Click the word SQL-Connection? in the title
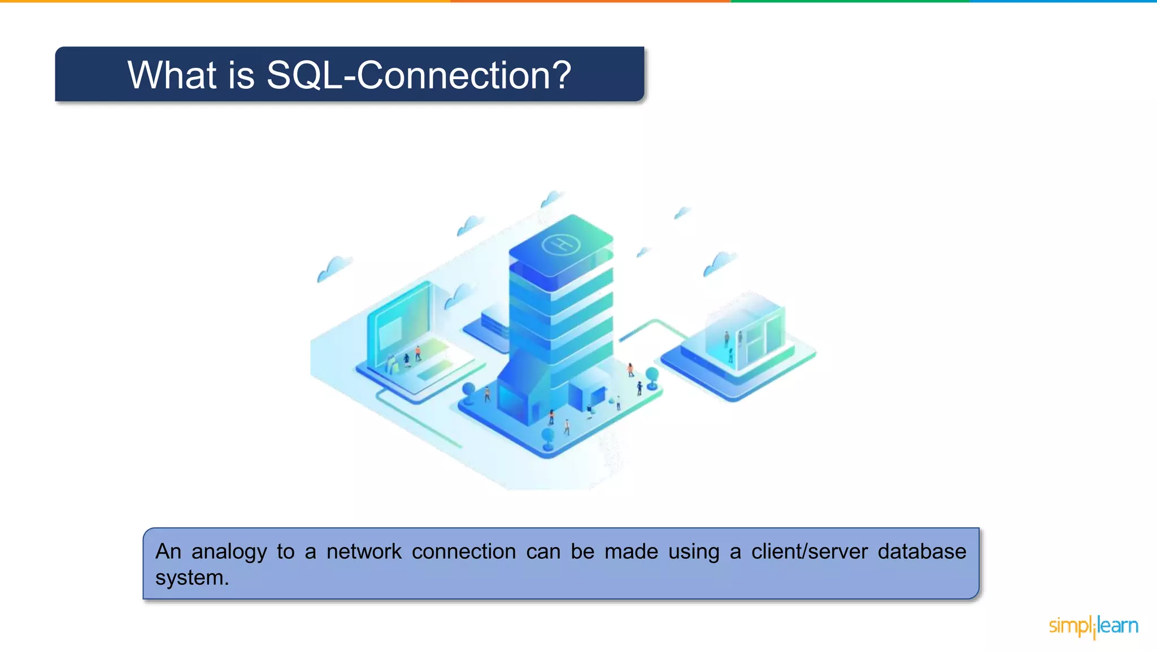(419, 75)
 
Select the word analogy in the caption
(229, 552)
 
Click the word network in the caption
(364, 552)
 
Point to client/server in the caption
(809, 552)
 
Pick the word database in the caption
(921, 552)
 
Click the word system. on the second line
(192, 578)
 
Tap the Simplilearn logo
(1093, 626)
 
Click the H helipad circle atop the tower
(560, 245)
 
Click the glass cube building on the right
(745, 333)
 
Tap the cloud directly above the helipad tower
(551, 198)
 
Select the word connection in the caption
(463, 552)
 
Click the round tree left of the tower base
(468, 390)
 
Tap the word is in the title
(241, 75)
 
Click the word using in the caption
(694, 552)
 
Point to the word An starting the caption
(168, 552)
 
